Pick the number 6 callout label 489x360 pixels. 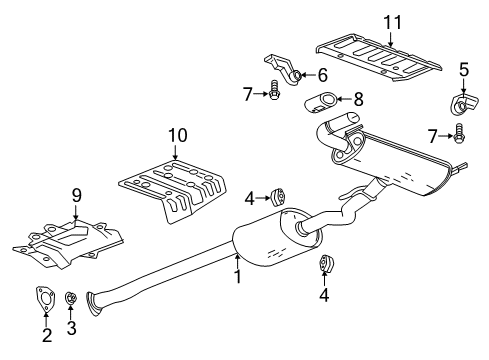pos(322,75)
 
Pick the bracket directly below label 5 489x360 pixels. pos(462,105)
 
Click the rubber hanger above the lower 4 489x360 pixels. pos(326,265)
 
